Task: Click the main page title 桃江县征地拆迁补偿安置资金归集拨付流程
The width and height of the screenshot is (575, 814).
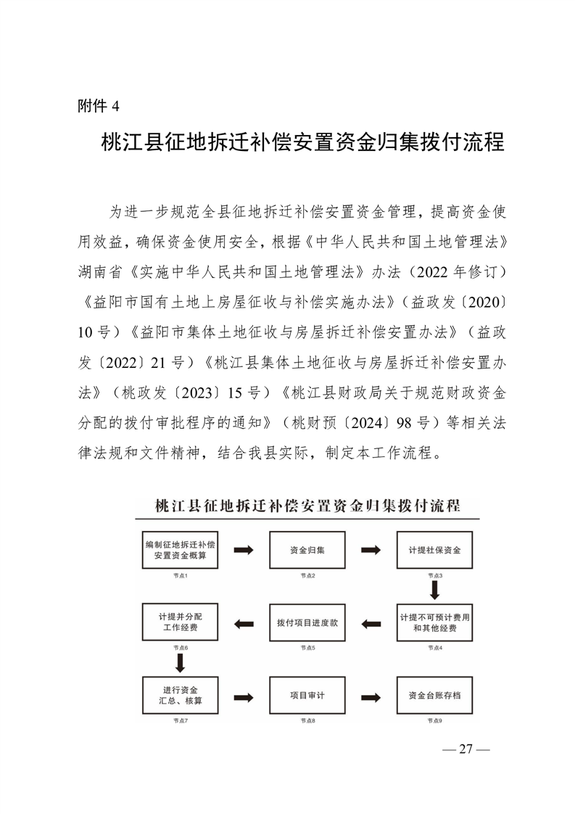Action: tap(302, 142)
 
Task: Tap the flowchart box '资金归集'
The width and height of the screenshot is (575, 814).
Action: tap(307, 550)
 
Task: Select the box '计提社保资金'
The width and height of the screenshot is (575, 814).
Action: tap(434, 550)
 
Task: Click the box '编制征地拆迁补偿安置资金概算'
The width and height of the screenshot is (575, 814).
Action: tap(180, 550)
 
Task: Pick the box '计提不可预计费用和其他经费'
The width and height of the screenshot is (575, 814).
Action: tap(434, 622)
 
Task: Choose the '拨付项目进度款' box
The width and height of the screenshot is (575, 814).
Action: tap(307, 622)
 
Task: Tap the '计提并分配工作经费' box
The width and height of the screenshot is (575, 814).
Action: tap(180, 622)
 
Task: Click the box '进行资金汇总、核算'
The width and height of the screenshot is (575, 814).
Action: tap(180, 695)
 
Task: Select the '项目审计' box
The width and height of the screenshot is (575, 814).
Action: tap(307, 695)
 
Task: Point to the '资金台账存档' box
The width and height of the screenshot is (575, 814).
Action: tap(434, 695)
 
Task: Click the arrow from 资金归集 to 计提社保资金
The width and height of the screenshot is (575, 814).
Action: tap(371, 550)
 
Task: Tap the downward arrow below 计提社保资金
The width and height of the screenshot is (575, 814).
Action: tap(434, 588)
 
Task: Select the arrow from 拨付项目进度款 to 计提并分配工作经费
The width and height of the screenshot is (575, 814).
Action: tap(244, 622)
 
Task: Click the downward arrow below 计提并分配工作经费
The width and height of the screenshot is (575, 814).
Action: tap(180, 661)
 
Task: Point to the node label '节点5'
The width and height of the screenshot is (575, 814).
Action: tap(307, 647)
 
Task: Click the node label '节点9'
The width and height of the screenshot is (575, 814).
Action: tap(434, 720)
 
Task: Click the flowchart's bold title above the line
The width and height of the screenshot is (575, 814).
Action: tap(307, 506)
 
